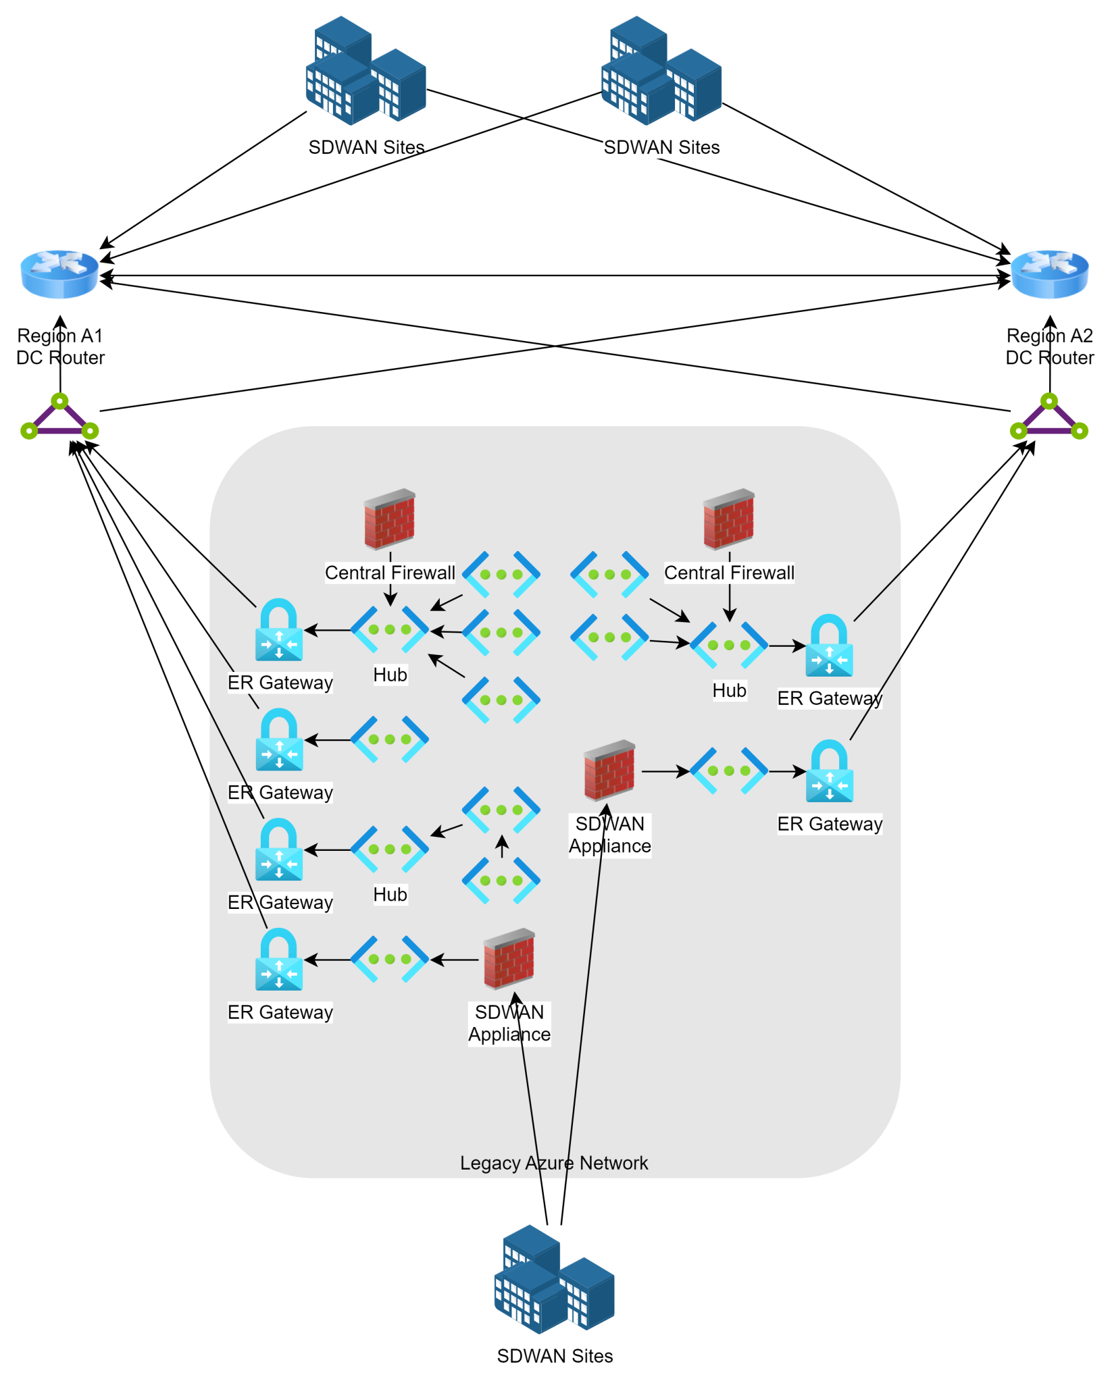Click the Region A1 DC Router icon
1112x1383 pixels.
59,274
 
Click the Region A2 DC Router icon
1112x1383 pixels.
1049,274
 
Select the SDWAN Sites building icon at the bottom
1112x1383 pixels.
554,1279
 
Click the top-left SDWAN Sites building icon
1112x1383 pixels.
365,71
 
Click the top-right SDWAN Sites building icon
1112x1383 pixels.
661,71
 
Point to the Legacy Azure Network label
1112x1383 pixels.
554,1163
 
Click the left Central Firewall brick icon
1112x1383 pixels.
390,519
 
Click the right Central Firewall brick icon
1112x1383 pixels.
729,519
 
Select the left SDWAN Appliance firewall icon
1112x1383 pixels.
509,959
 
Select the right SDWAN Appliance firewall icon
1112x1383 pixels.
609,770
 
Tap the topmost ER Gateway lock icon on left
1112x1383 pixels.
279,630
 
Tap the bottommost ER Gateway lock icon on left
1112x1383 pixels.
279,960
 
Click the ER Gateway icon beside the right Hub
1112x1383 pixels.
830,646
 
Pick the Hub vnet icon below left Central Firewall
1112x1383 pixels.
390,629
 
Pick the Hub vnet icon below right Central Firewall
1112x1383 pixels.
729,646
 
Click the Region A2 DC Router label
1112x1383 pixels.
1049,346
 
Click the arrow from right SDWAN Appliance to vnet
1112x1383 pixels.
665,771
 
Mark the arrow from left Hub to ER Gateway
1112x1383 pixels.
328,630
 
